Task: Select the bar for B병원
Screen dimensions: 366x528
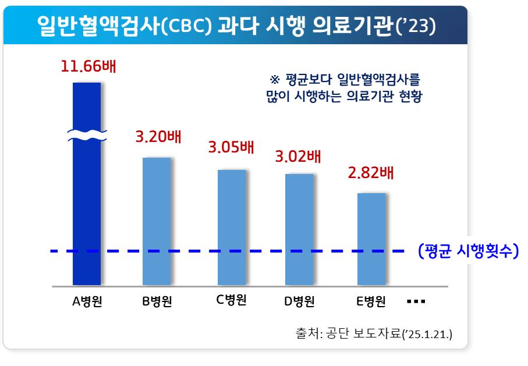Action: (157, 221)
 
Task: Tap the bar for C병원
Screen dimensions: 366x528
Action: (232, 227)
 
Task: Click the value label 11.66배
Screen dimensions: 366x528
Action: (88, 66)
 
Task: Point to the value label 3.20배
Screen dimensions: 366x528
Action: (158, 138)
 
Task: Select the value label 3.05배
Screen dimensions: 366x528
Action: (231, 147)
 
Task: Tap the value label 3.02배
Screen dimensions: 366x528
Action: (298, 157)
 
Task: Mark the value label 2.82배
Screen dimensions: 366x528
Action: (371, 173)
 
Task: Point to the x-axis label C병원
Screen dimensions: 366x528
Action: (232, 300)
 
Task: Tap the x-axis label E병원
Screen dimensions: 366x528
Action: (371, 301)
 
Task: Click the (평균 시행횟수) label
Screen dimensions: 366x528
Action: (468, 251)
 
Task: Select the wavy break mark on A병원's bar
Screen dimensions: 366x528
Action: (87, 136)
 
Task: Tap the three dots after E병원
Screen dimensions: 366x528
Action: (417, 302)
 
